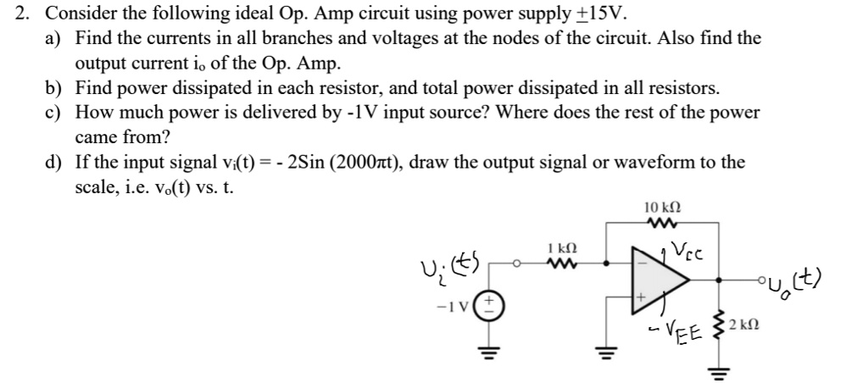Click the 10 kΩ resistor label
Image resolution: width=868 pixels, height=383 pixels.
coord(662,208)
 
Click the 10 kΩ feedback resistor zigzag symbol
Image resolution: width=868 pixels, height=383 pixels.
coord(662,225)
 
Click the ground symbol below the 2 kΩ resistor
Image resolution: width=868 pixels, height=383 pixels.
coord(720,369)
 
